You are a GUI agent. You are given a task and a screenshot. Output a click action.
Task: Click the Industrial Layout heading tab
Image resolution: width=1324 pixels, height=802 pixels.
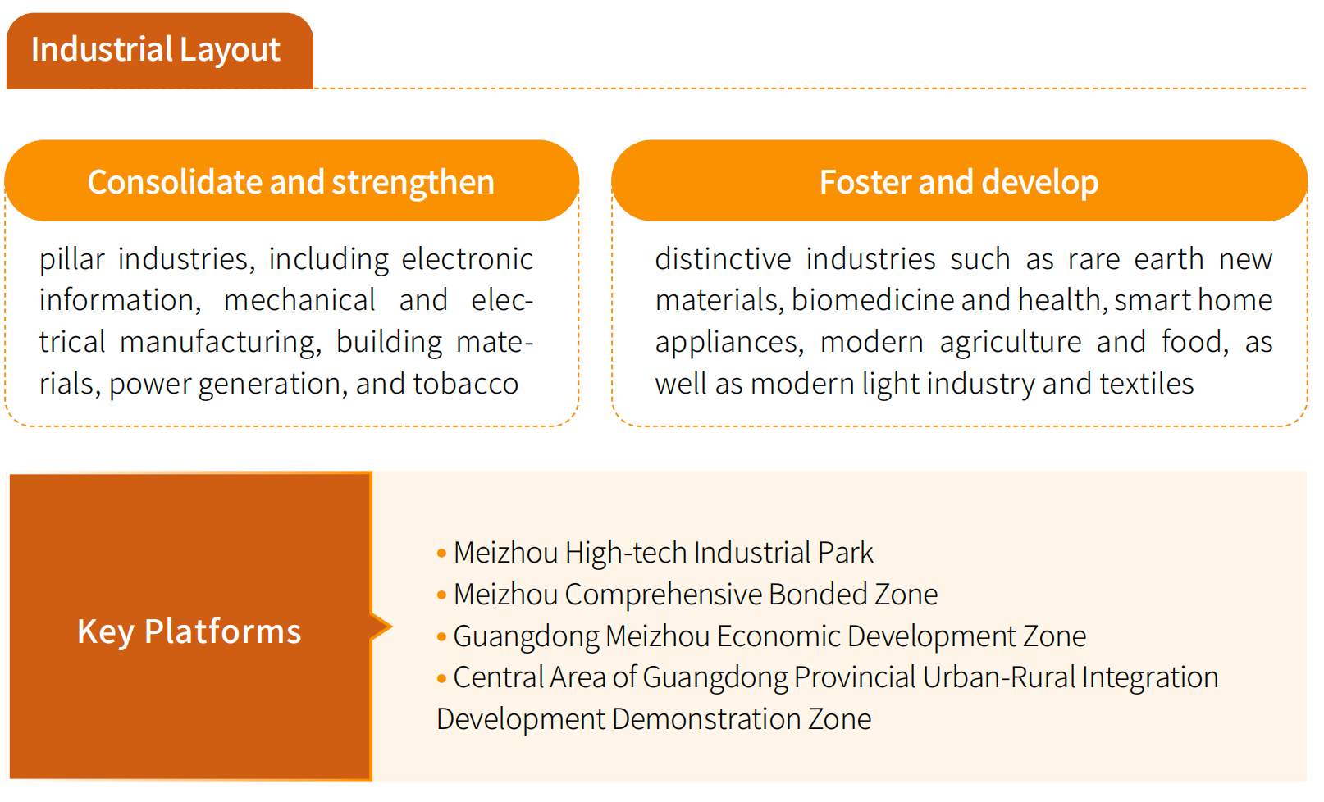point(160,51)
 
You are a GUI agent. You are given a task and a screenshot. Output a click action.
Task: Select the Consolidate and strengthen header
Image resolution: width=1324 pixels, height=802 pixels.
point(291,181)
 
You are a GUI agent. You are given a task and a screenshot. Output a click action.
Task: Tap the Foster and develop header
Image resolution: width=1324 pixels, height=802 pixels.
point(959,181)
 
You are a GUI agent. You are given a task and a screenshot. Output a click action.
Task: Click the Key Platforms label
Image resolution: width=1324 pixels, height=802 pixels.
point(189,631)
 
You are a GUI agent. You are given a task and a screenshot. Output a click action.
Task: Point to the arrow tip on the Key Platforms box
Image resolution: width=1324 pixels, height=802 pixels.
point(391,627)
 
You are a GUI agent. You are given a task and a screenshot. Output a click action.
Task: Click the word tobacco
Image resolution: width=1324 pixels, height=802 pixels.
point(466,384)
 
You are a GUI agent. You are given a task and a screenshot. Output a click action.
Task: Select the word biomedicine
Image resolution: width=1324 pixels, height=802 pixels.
point(873,300)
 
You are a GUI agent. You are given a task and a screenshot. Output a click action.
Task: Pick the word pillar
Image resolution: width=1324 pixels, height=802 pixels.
point(72,260)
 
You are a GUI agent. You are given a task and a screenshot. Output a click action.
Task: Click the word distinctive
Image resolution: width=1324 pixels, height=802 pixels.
point(723,259)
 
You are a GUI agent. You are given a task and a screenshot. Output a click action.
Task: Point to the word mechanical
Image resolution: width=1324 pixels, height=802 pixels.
point(299,300)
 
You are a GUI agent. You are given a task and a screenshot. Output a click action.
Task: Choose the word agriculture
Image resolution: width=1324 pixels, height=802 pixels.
point(1011,342)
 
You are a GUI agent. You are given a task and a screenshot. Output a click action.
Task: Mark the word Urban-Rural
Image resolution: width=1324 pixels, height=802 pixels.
point(999,677)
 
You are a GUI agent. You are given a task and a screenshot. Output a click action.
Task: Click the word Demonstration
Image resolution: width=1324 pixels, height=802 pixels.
point(706,719)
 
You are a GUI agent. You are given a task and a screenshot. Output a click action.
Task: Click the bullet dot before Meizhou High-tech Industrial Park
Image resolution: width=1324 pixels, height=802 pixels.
point(441,554)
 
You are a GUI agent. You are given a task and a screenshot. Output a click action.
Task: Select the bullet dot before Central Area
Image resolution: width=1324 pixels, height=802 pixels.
point(441,678)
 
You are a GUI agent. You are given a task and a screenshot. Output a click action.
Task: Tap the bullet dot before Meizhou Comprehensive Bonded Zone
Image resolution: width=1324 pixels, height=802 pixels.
point(441,595)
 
